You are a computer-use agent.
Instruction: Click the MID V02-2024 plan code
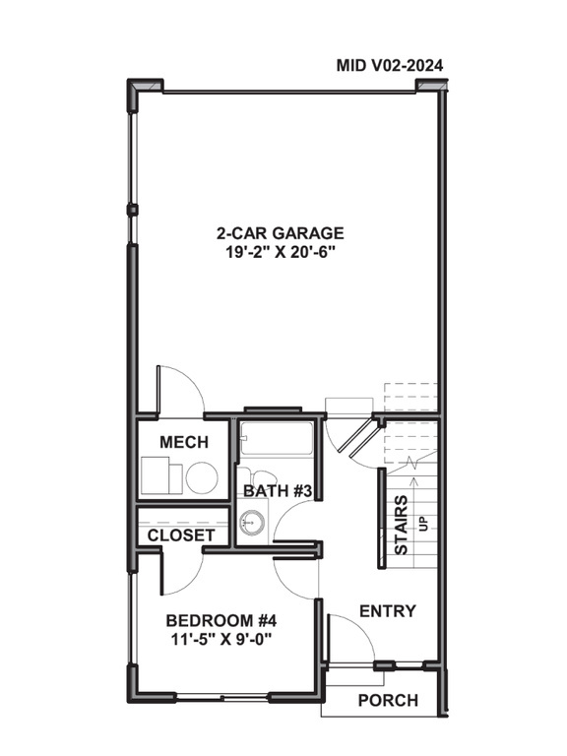click(389, 66)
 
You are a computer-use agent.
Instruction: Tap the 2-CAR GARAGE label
click(281, 233)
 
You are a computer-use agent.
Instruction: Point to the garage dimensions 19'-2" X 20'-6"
click(281, 252)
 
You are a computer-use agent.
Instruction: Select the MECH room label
click(183, 442)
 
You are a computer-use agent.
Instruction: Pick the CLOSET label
click(181, 535)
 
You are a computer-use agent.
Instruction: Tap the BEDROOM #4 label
click(221, 620)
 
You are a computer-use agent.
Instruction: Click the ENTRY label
click(387, 611)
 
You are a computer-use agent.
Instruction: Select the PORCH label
click(387, 700)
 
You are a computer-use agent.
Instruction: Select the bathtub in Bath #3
click(277, 439)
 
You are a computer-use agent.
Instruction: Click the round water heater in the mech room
click(202, 478)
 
